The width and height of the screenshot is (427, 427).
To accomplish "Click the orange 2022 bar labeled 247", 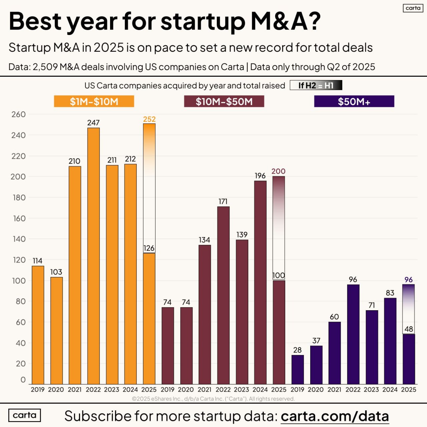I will point(93,256).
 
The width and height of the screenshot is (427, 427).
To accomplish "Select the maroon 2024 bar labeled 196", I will point(260,282).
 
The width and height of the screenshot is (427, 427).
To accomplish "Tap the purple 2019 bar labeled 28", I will point(298,370).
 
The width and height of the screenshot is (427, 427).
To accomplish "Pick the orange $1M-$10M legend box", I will point(94,101).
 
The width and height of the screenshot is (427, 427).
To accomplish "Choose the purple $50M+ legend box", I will point(354,101).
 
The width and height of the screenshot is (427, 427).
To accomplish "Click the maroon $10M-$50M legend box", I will point(224,101).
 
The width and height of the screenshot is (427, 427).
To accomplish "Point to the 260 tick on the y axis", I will point(18,114).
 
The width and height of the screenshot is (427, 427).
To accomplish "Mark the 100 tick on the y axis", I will point(18,281).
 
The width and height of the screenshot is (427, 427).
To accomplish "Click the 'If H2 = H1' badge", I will point(316,85).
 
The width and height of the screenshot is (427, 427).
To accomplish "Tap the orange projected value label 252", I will point(149,119).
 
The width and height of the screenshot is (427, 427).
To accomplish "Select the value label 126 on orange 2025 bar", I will point(149,248).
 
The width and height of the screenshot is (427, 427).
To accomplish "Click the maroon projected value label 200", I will point(278,171).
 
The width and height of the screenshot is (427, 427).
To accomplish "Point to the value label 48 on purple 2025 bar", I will point(409,329).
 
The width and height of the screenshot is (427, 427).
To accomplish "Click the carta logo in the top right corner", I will point(413,8).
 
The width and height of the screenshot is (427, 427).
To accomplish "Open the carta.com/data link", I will point(335,416).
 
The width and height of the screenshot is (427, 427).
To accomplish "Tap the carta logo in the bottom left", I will point(24,415).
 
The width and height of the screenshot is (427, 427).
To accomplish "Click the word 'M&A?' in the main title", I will point(285,21).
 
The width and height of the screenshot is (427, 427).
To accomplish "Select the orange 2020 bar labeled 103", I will point(56,330).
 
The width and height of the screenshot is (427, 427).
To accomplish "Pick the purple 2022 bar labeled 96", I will point(353,334).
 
